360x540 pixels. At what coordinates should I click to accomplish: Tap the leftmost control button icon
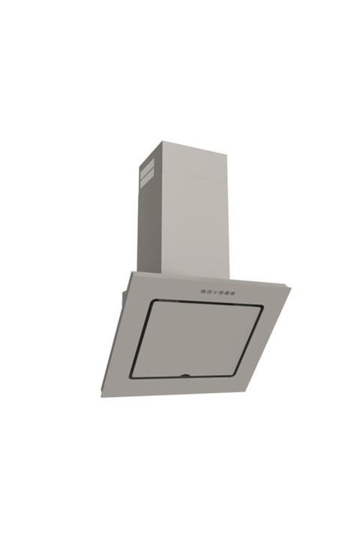pyautogui.click(x=203, y=289)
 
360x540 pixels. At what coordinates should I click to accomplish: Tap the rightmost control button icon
pyautogui.click(x=235, y=290)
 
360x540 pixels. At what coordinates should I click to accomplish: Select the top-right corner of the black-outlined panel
pyautogui.click(x=261, y=305)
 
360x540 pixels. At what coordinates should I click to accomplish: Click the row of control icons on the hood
pyautogui.click(x=219, y=290)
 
